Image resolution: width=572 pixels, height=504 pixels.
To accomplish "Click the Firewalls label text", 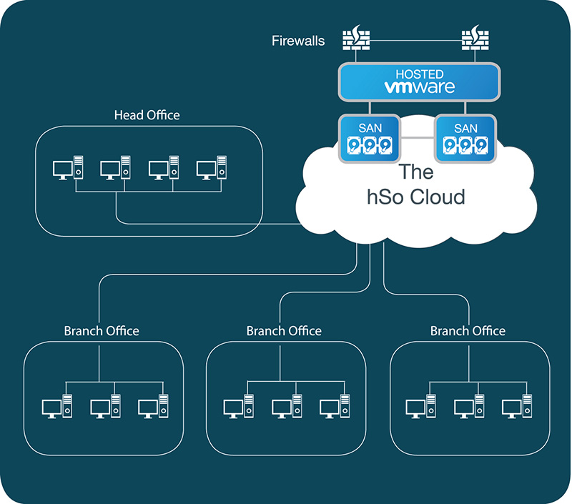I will [x=298, y=41].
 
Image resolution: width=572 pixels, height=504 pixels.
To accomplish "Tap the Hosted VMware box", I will [x=418, y=82].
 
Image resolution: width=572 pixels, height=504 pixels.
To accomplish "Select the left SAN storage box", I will [x=367, y=138].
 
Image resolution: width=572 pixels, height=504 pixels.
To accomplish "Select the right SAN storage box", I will [x=465, y=138].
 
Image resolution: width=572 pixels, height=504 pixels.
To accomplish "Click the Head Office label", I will [x=147, y=115].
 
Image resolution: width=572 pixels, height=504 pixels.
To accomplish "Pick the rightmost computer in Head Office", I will [x=212, y=169].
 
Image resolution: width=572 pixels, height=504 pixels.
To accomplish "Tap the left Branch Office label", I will [x=102, y=331].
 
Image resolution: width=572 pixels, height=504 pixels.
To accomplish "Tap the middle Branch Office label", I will [x=284, y=331].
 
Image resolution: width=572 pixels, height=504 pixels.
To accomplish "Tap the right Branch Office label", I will [x=468, y=331].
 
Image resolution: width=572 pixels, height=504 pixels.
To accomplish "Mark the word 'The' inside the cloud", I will [x=417, y=172].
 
